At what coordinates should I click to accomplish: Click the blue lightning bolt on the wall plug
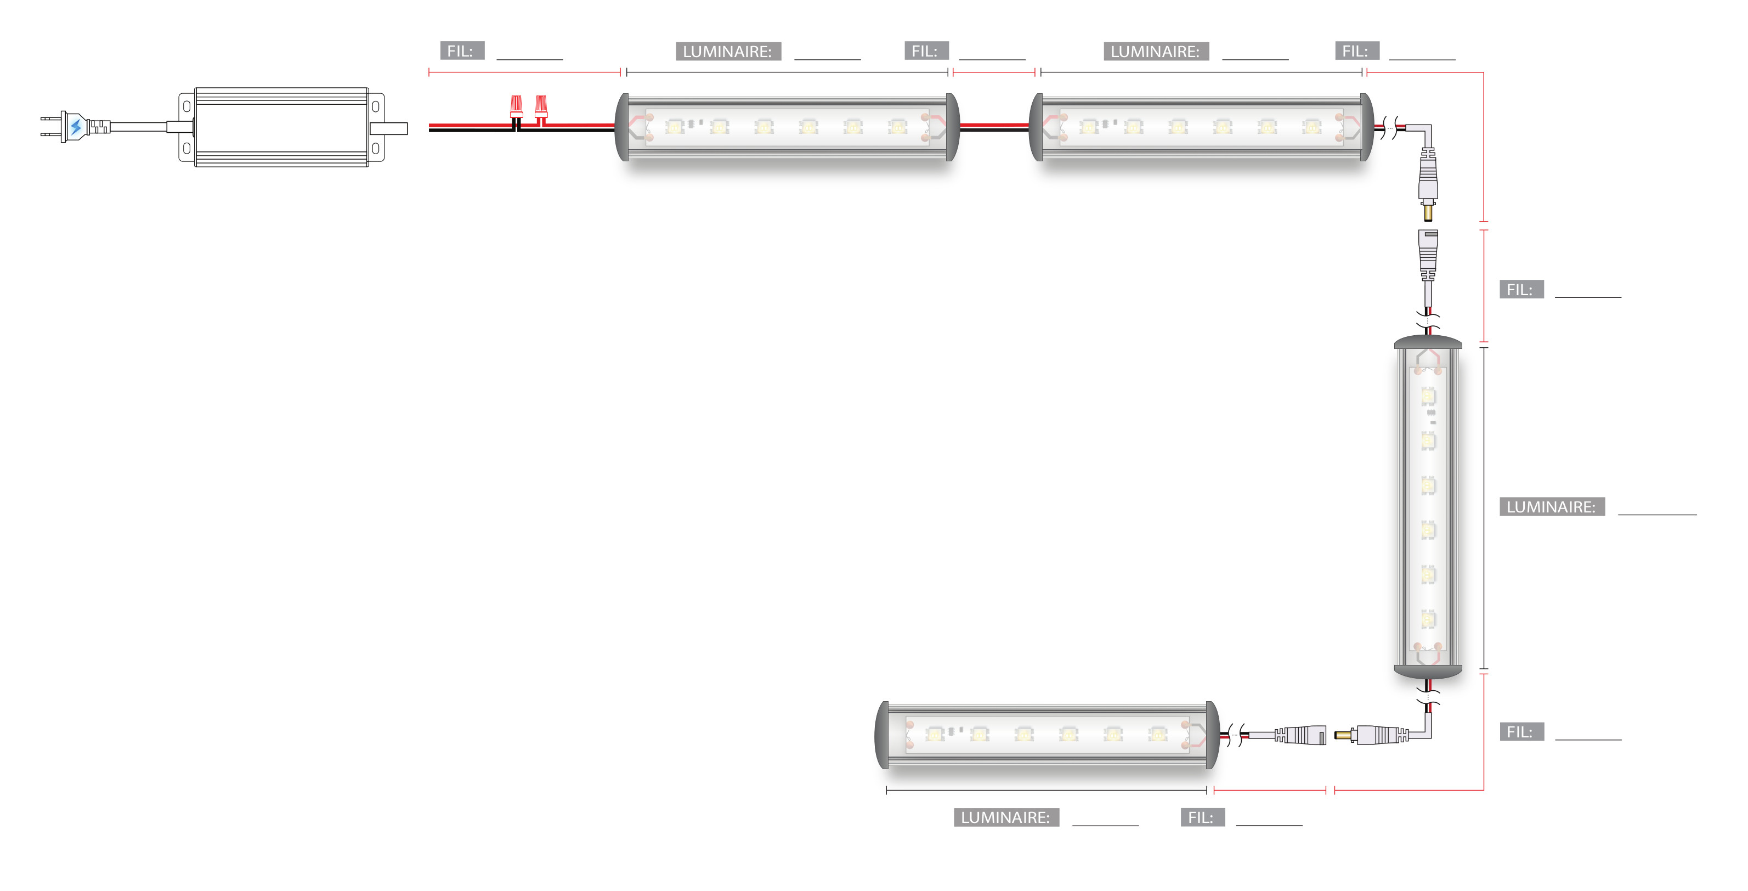[76, 127]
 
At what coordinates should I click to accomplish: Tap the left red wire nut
[517, 106]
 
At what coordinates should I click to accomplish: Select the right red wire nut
[541, 106]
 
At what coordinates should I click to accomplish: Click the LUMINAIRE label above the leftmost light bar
[727, 52]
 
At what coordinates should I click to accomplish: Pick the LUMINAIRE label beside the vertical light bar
[1551, 507]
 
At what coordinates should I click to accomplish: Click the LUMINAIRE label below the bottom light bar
[1006, 817]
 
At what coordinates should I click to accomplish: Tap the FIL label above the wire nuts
[461, 51]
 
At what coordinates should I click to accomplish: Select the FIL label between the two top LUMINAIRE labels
[926, 51]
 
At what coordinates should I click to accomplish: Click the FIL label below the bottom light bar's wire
[1202, 817]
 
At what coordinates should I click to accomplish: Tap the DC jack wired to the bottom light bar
[1299, 735]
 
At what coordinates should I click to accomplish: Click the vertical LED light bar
[1428, 507]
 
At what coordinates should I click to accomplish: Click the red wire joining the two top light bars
[994, 125]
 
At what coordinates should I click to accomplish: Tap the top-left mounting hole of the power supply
[186, 106]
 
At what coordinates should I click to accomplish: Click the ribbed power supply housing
[281, 127]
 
